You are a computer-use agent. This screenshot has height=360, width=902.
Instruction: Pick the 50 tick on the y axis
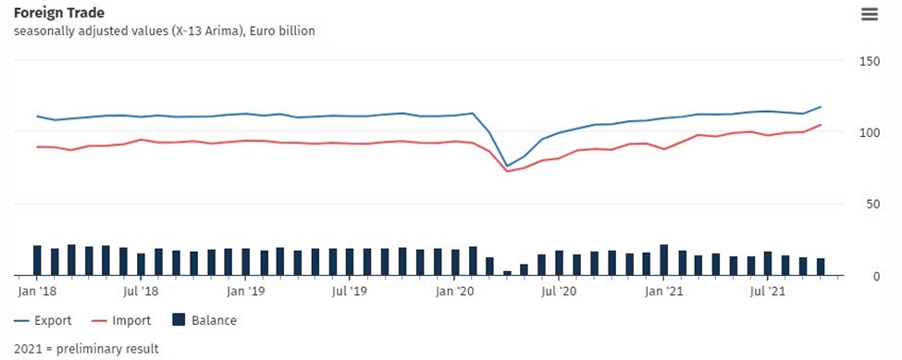point(871,205)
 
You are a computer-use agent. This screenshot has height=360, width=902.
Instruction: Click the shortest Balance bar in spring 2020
point(507,273)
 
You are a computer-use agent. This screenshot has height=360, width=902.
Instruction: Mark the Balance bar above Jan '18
point(37,260)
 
